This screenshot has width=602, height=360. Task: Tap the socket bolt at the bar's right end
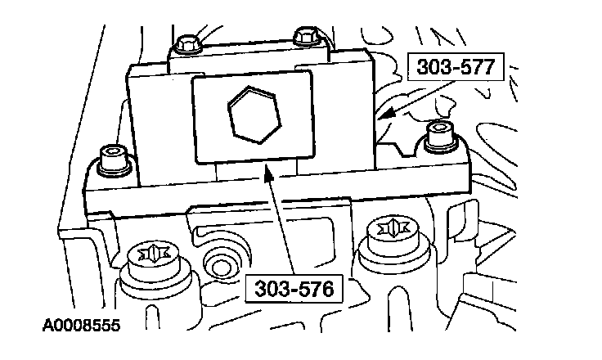click(x=438, y=133)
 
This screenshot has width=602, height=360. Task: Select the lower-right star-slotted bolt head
click(x=384, y=232)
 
